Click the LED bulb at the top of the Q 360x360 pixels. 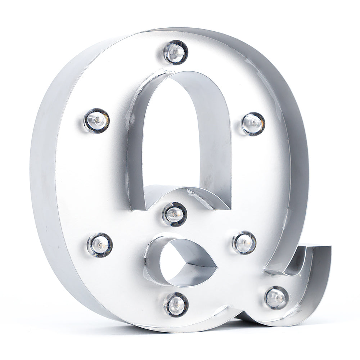176,52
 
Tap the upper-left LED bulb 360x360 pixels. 96,120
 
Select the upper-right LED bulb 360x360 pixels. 253,123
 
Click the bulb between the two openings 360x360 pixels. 175,214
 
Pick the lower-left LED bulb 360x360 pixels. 100,245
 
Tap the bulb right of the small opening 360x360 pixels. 244,242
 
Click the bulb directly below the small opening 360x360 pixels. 176,304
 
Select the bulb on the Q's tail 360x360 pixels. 276,297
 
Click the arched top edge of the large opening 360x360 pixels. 180,74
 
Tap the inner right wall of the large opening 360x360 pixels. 216,144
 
